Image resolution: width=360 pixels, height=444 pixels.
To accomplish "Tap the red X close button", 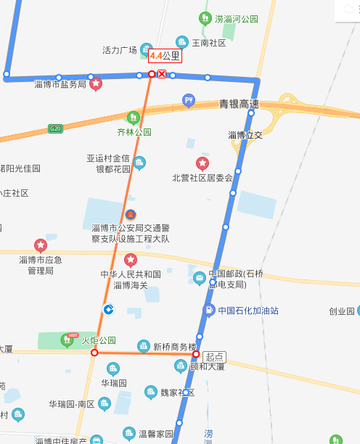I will (x=162, y=74).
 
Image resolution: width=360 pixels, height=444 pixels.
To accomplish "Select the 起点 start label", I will (x=215, y=356).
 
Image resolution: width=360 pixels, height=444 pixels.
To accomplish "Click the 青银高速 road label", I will (x=239, y=104).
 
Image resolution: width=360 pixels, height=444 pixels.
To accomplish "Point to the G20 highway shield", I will (x=55, y=128).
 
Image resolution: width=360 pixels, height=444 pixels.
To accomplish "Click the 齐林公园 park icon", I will (x=133, y=117).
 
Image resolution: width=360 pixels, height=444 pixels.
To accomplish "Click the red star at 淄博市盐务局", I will (x=95, y=84).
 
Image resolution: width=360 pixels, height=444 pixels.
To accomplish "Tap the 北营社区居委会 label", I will (x=202, y=178).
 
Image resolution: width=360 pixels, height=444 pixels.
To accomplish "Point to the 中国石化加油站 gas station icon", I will (x=208, y=311).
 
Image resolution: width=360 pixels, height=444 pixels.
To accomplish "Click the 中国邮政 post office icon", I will (x=200, y=277).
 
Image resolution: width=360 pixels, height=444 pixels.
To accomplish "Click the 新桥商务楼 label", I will (x=175, y=347).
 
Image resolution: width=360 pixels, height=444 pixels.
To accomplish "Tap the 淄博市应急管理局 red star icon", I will (x=41, y=245).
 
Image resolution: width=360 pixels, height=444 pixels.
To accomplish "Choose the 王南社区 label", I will (x=208, y=43).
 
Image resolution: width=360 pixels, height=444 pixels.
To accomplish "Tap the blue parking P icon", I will (x=189, y=100).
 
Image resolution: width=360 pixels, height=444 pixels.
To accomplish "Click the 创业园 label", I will (x=341, y=311).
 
